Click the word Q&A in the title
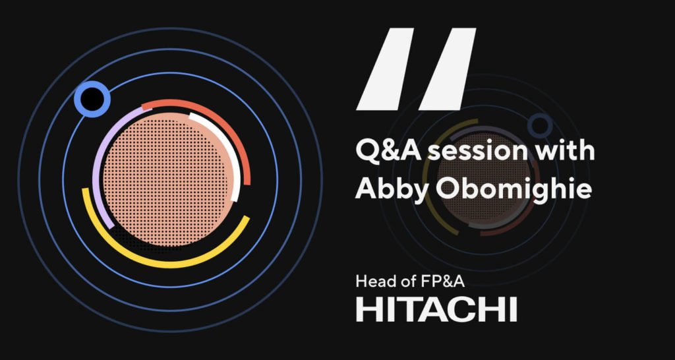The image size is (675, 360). tap(383, 152)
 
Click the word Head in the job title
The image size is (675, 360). tap(372, 282)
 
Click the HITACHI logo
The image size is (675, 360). tap(436, 309)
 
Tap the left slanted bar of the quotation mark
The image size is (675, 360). tap(385, 69)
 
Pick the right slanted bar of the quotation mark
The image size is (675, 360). tap(448, 69)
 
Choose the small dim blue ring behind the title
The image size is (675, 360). tap(541, 126)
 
